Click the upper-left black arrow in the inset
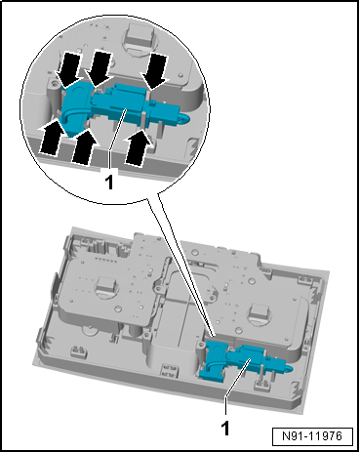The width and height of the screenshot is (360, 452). [x=69, y=68]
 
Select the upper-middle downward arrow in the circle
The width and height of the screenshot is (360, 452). [x=100, y=68]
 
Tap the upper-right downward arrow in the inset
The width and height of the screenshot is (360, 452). [x=155, y=71]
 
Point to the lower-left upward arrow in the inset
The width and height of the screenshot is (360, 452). [x=52, y=137]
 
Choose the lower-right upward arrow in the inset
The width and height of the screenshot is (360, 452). [x=139, y=146]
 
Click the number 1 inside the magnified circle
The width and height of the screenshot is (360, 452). [x=109, y=182]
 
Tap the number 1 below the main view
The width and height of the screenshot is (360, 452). [x=225, y=429]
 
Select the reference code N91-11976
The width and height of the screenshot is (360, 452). [x=312, y=436]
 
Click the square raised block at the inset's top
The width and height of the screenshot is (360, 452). [x=140, y=34]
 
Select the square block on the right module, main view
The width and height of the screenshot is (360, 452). [x=260, y=312]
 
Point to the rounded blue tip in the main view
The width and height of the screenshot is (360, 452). [x=289, y=368]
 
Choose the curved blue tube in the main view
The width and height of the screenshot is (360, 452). [x=213, y=365]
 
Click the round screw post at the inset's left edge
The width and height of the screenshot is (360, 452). [x=53, y=86]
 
